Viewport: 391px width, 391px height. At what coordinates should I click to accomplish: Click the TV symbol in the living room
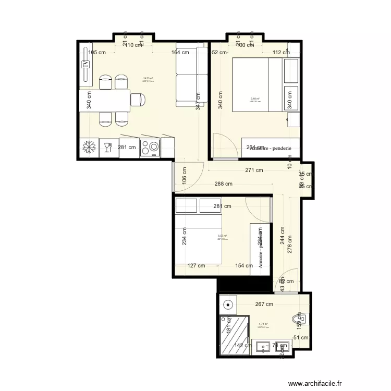pyautogui.click(x=85, y=65)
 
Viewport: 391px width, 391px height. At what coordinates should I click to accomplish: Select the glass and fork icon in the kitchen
pyautogui.click(x=108, y=148)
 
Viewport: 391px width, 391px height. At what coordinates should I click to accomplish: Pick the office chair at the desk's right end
pyautogui.click(x=138, y=99)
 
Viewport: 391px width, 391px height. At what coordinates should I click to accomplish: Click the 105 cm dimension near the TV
pyautogui.click(x=97, y=52)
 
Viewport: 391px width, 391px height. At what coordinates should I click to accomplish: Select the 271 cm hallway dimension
pyautogui.click(x=254, y=170)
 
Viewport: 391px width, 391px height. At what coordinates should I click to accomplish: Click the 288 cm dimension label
pyautogui.click(x=223, y=184)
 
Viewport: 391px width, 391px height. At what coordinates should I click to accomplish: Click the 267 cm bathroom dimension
pyautogui.click(x=264, y=304)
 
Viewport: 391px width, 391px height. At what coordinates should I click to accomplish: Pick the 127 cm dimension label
pyautogui.click(x=196, y=265)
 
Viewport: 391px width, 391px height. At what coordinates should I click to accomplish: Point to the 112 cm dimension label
pyautogui.click(x=281, y=52)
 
